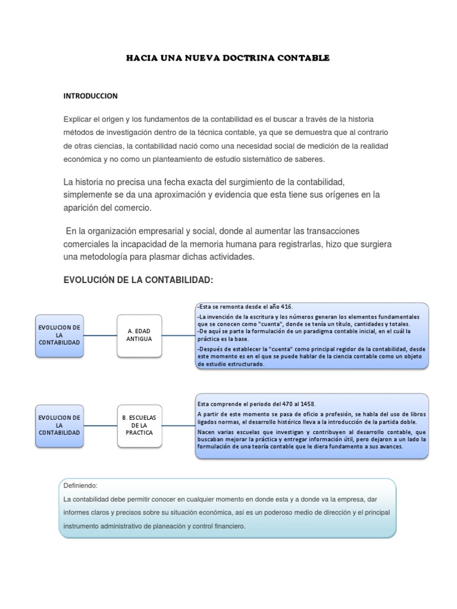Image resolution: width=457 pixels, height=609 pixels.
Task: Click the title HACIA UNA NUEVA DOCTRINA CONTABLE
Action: click(x=228, y=58)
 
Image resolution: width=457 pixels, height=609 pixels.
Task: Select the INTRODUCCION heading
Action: click(x=90, y=95)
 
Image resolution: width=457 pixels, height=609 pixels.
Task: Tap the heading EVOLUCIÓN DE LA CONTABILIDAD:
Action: click(x=138, y=280)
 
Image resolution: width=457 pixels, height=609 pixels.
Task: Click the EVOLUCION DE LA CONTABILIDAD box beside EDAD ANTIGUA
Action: click(x=59, y=335)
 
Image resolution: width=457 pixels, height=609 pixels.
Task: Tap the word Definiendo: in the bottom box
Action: click(x=80, y=485)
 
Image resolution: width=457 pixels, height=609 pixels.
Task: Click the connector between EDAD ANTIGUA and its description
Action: click(x=179, y=335)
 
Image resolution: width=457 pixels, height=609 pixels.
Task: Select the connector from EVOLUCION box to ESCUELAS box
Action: click(x=99, y=425)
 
